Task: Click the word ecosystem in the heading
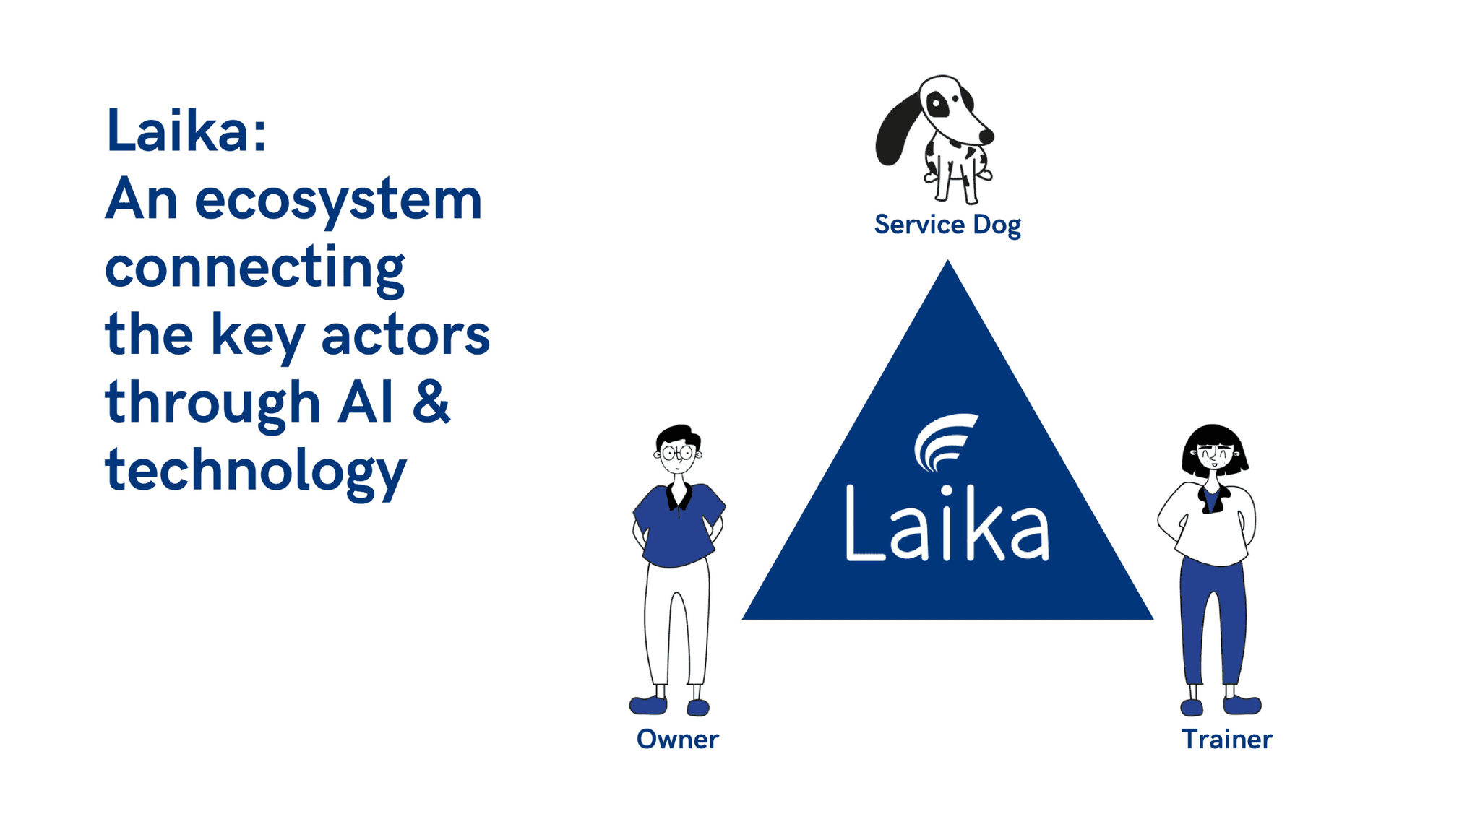tap(337, 200)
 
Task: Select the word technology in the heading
tap(256, 470)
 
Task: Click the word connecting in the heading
tap(254, 268)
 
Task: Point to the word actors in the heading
tap(405, 336)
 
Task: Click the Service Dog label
tap(947, 225)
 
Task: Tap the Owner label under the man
tap(677, 739)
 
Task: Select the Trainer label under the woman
tap(1226, 739)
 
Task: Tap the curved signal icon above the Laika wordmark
tap(943, 441)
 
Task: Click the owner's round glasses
tap(677, 453)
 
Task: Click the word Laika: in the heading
tap(186, 131)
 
